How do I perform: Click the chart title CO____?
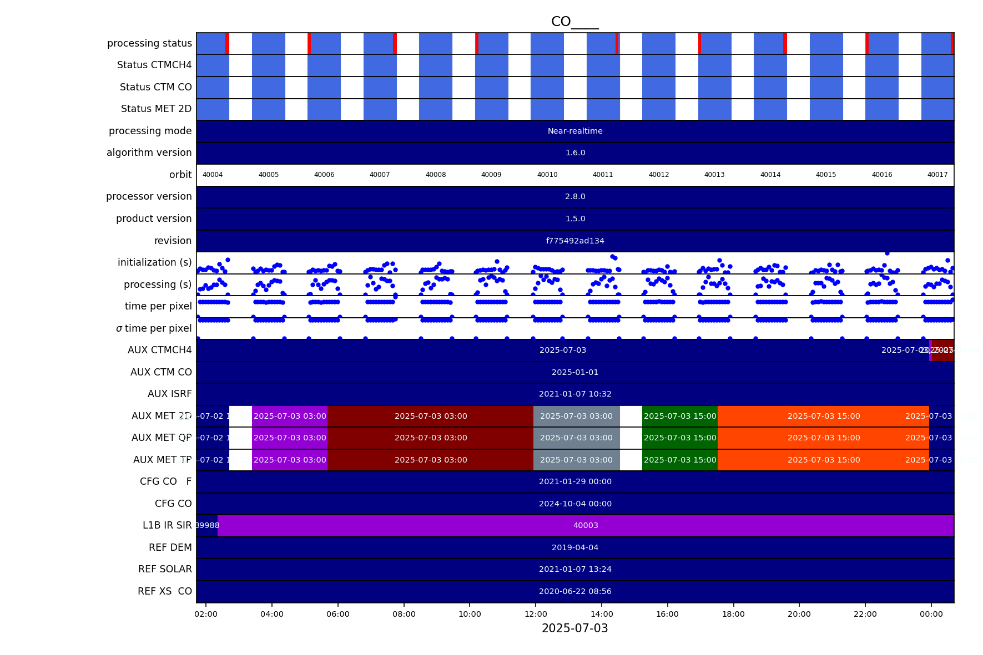pos(574,22)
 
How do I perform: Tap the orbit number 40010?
pos(547,175)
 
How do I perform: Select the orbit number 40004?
pos(213,175)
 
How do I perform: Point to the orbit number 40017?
pos(937,175)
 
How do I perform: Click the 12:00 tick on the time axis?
pos(536,614)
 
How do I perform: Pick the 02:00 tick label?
pos(206,614)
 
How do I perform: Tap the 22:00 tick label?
pos(865,614)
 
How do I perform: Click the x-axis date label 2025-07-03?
pos(574,628)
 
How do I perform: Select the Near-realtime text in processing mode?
pos(575,131)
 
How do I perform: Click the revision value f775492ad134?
pos(575,241)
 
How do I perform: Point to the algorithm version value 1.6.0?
pos(575,153)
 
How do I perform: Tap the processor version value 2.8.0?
pos(575,197)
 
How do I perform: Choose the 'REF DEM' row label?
pos(170,547)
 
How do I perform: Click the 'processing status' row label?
pos(149,43)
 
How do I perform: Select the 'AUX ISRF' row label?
pos(169,394)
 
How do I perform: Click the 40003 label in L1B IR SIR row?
pos(586,525)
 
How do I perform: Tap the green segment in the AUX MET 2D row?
pos(679,416)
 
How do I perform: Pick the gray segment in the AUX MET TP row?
pos(576,460)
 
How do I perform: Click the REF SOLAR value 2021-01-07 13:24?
pos(575,569)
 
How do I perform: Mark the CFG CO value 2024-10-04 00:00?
pos(575,504)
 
